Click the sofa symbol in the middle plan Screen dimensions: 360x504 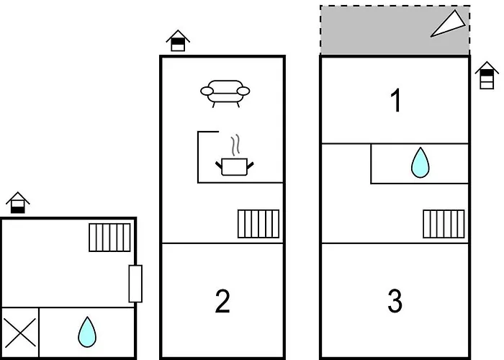pos(225,93)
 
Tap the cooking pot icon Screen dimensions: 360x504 pos(235,166)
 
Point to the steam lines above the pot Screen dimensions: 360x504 pos(234,144)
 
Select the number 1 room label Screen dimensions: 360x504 pos(395,102)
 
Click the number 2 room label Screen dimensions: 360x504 pos(222,302)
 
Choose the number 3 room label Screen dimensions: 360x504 pos(395,302)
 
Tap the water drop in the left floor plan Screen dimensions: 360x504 pos(87,332)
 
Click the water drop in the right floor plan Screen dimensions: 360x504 pos(419,163)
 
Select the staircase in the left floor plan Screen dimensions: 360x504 pos(110,238)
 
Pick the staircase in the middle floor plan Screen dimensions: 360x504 pos(258,223)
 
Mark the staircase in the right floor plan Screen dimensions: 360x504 pos(444,223)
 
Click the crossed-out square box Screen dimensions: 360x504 pos(19,333)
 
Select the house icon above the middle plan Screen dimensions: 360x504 pos(178,40)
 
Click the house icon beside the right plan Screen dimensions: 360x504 pos(487,75)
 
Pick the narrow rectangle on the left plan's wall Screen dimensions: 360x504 pos(135,283)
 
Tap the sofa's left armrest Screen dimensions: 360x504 pos(207,91)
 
